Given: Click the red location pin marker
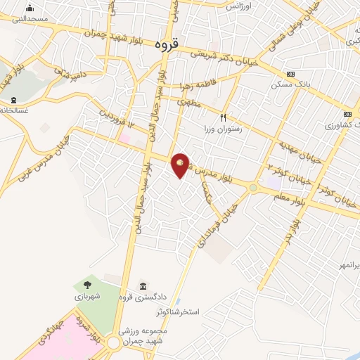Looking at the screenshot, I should pos(181,165).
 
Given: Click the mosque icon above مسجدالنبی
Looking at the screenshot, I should pos(30,8).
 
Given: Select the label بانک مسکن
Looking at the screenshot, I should pos(290,84).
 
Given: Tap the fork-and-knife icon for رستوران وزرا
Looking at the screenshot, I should pos(223,118).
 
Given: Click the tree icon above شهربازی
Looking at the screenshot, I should pos(87,285).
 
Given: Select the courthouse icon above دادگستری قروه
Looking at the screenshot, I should pos(143,285).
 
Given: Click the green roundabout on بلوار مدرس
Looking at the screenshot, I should pos(252,188).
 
